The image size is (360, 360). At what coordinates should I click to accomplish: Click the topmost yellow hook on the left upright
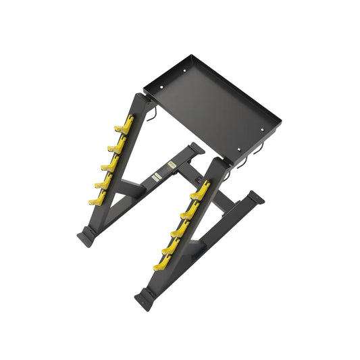pos(124,125)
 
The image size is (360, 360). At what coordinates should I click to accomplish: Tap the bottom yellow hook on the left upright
pos(99,198)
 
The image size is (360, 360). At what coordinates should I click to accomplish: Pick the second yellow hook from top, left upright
pos(117,145)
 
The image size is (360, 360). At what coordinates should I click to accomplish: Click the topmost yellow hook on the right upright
pos(200,191)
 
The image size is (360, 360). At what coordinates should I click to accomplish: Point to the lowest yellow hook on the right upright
pos(162,265)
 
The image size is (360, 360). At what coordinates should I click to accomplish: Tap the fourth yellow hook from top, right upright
pos(170,248)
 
